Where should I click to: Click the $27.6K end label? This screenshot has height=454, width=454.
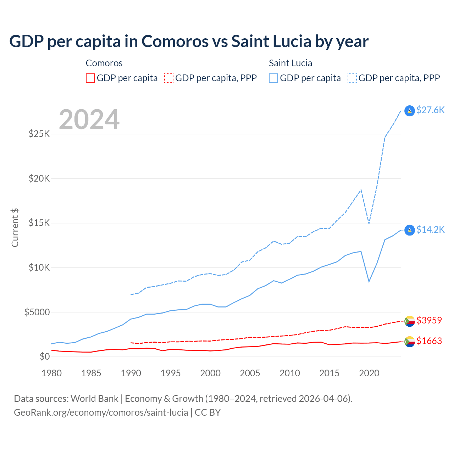tap(430, 110)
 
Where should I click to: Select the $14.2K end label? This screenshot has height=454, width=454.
tap(430, 230)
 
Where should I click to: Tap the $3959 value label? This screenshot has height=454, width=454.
tap(429, 320)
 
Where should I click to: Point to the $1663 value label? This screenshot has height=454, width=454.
tap(429, 341)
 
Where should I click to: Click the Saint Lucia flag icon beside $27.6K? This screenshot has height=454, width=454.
tap(410, 111)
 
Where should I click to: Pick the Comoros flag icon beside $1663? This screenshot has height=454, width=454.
tap(410, 342)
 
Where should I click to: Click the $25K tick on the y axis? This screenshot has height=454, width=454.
tap(39, 134)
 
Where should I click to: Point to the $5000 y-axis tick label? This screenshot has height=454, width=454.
tap(37, 312)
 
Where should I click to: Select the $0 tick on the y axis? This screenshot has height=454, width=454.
tap(45, 356)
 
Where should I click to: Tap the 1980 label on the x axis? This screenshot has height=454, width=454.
tap(51, 373)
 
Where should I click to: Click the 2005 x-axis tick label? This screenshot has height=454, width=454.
tap(250, 373)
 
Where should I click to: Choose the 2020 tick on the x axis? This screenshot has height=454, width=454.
tap(369, 373)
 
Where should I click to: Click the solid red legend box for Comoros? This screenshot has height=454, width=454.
tap(90, 78)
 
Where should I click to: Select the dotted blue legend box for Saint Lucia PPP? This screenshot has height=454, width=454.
tap(352, 78)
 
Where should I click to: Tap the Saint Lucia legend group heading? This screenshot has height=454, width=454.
tap(290, 63)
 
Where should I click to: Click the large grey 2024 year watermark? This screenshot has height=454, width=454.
tap(89, 120)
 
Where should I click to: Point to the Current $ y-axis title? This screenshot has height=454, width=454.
tap(15, 228)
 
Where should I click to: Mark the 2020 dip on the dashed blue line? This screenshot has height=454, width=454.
tap(369, 223)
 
